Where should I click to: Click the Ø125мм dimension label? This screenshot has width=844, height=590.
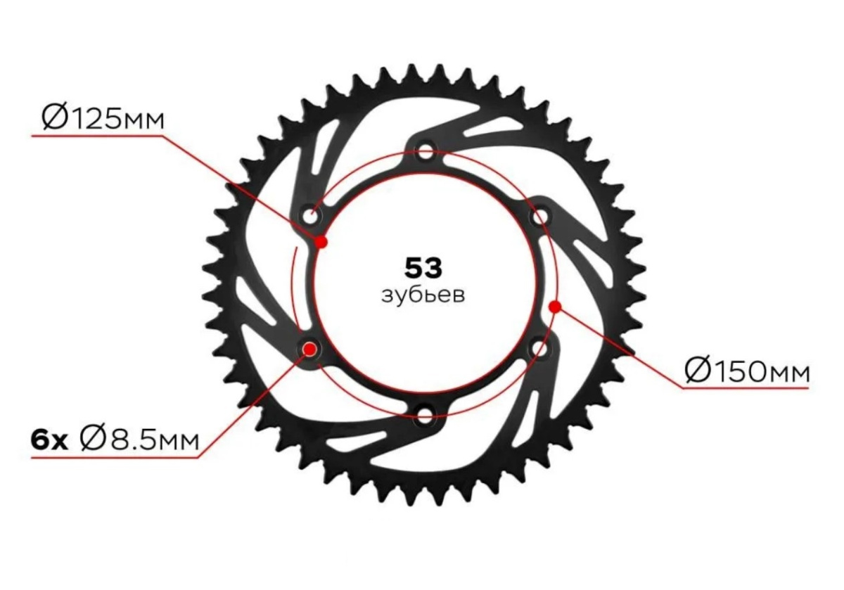(103, 117)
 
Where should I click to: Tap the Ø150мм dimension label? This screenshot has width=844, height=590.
(747, 370)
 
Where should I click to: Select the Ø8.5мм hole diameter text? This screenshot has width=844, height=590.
(139, 440)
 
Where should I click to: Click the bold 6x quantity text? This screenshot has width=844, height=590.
(49, 440)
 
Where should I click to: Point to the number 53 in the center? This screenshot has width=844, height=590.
(423, 268)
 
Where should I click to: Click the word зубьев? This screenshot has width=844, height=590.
(423, 295)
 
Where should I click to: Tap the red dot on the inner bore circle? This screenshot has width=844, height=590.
(321, 241)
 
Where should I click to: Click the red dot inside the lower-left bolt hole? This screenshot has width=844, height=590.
(310, 349)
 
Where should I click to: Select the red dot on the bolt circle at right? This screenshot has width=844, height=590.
(555, 307)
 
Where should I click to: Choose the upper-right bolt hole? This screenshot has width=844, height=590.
(539, 217)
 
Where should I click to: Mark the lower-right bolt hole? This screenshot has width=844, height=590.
(539, 348)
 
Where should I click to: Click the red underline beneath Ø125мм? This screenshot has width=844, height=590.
(98, 136)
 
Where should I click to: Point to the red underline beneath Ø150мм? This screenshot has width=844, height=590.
(746, 387)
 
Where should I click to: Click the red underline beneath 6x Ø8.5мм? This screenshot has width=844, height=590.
(115, 458)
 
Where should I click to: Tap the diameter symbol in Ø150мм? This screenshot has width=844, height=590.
(697, 370)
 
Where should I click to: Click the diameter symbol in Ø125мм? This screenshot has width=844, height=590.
(55, 117)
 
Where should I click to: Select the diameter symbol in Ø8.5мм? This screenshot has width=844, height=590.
(93, 440)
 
